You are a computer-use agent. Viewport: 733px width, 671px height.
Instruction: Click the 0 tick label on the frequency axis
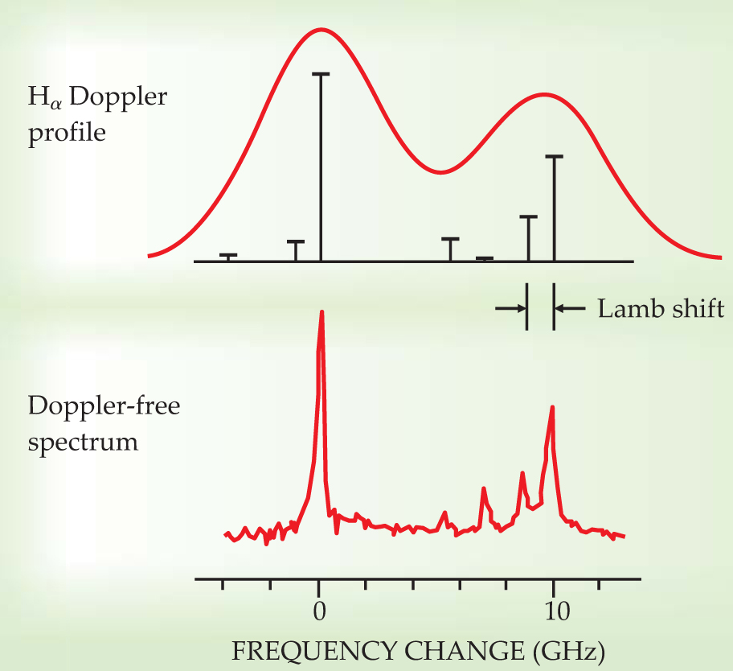click(x=319, y=611)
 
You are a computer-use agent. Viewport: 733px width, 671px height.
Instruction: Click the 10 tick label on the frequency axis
click(x=553, y=611)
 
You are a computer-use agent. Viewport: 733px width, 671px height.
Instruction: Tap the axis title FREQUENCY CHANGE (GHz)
click(x=418, y=648)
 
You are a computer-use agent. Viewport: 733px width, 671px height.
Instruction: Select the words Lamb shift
click(x=661, y=308)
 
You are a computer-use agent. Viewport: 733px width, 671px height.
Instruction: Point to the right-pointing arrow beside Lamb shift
click(x=510, y=307)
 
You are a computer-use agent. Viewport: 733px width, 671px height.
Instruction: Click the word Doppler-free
click(x=104, y=405)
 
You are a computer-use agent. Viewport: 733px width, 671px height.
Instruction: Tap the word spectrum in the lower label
click(x=84, y=441)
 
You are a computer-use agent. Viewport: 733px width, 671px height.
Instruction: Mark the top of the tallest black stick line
click(x=321, y=74)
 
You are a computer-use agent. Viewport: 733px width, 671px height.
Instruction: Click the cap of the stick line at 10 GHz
click(x=554, y=157)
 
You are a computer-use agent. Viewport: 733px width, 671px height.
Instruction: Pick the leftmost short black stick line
click(x=228, y=257)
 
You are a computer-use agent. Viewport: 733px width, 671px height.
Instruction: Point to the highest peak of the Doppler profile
click(x=321, y=30)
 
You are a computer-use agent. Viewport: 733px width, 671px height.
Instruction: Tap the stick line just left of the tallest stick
click(x=296, y=250)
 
